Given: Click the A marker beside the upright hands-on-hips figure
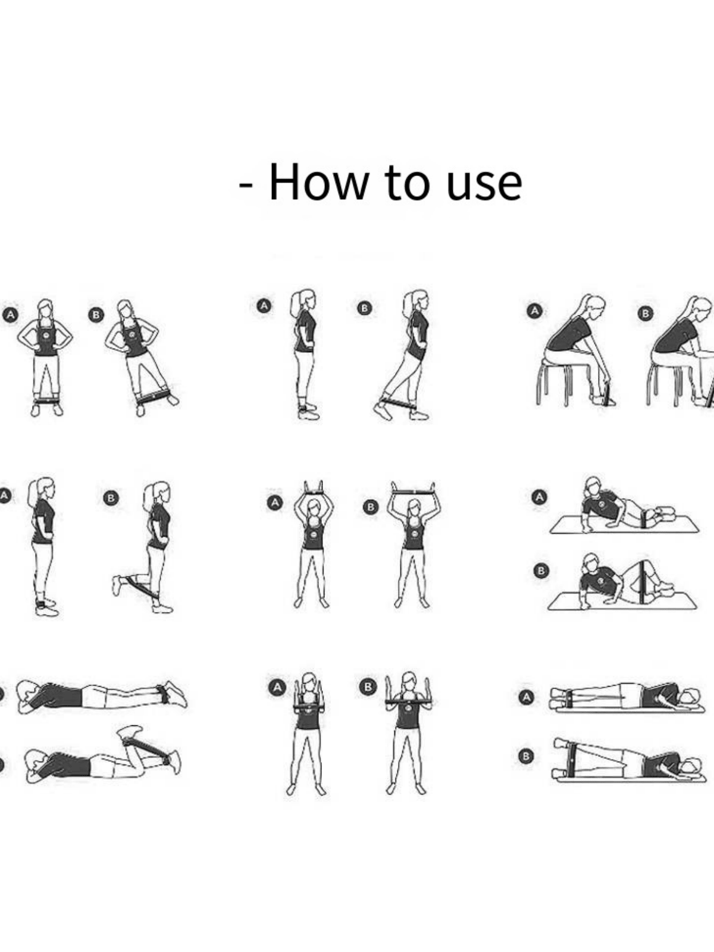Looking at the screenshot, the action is pyautogui.click(x=10, y=315).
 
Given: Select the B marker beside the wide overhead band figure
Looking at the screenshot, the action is pyautogui.click(x=370, y=506).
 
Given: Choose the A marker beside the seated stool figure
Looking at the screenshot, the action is pyautogui.click(x=534, y=311).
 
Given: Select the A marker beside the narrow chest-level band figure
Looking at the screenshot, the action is pyautogui.click(x=277, y=687).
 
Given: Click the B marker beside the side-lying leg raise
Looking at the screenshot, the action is pyautogui.click(x=526, y=757).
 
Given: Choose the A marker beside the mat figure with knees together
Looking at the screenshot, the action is pyautogui.click(x=539, y=497).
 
